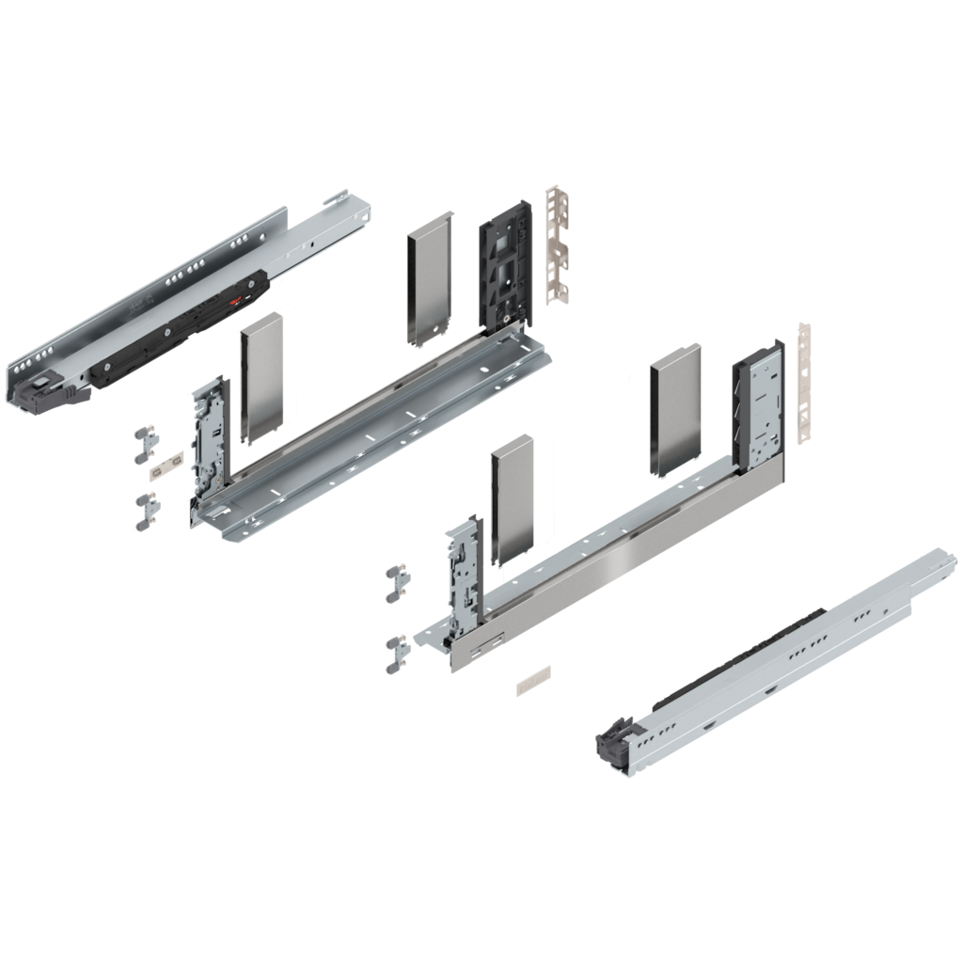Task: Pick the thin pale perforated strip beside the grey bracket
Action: click(x=803, y=381)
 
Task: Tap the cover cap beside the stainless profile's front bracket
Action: click(x=513, y=498)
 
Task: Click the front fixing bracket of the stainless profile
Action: click(x=463, y=574)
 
